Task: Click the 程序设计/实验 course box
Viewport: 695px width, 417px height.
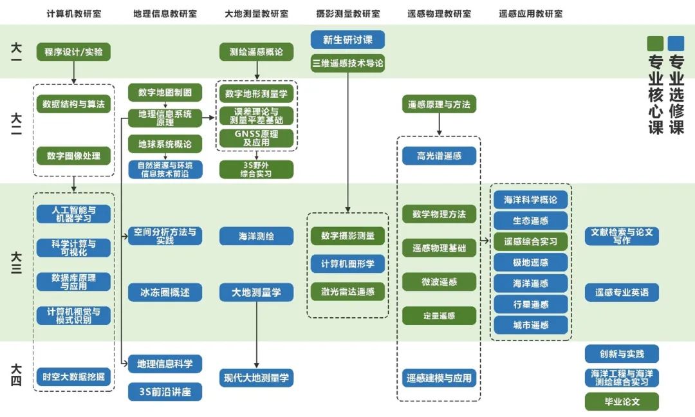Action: click(73, 52)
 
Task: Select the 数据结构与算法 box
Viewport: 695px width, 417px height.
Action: click(73, 104)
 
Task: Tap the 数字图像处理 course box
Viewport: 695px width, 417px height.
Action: click(73, 156)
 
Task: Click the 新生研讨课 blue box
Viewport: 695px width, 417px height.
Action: click(347, 40)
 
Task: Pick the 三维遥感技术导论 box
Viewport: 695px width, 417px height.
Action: click(347, 63)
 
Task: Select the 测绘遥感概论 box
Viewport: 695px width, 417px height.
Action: click(256, 52)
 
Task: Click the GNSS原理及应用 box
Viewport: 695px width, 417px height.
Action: click(256, 138)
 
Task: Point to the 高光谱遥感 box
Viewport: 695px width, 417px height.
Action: click(439, 156)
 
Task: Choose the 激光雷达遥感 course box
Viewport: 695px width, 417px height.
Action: click(347, 292)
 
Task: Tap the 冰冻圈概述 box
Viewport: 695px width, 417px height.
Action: click(165, 292)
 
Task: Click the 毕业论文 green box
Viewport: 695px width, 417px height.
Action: click(622, 402)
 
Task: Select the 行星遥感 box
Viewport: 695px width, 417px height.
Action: click(531, 304)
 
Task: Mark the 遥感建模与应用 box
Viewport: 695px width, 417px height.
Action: click(439, 378)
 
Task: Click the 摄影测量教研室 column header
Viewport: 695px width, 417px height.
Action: click(347, 14)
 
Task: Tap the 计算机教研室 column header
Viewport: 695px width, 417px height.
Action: click(73, 14)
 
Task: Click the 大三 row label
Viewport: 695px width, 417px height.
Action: click(17, 263)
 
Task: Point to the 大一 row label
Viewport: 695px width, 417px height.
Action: click(17, 52)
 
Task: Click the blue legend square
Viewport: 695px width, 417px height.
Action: click(676, 43)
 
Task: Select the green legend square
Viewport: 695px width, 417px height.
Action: click(655, 43)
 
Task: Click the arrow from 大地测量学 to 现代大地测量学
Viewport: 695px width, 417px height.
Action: click(256, 335)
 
